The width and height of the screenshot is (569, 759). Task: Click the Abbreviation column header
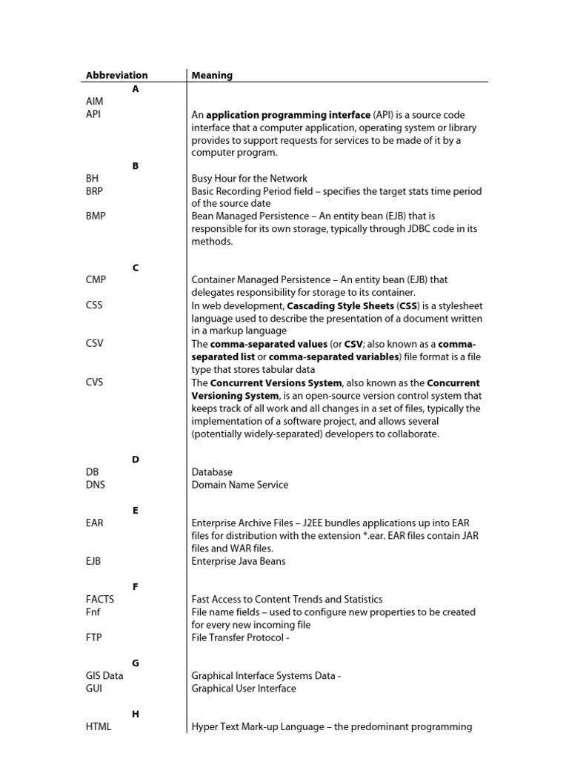coord(116,75)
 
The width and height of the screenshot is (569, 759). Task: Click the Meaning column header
coord(212,75)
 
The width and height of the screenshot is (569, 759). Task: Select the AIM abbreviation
coord(95,102)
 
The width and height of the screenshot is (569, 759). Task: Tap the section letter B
coord(136,166)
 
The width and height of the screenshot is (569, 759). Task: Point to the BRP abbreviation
coord(94,191)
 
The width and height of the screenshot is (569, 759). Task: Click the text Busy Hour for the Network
coord(249,179)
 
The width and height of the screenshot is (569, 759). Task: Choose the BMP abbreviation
coord(95,216)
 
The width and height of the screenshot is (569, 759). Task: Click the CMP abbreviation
coord(96,279)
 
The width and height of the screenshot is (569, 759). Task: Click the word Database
coord(212,471)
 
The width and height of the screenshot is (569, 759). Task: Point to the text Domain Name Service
coord(239,485)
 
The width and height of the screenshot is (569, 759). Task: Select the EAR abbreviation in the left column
coord(94,523)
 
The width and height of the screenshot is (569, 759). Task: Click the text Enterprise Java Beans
coord(239,561)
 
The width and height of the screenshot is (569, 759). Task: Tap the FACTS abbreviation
coord(100,599)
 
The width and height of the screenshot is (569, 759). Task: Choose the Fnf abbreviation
coord(93,612)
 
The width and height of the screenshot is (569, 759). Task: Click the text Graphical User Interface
coord(243,689)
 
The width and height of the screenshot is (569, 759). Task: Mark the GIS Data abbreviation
coord(104,675)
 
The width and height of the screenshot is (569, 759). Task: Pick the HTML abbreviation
coord(99,726)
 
